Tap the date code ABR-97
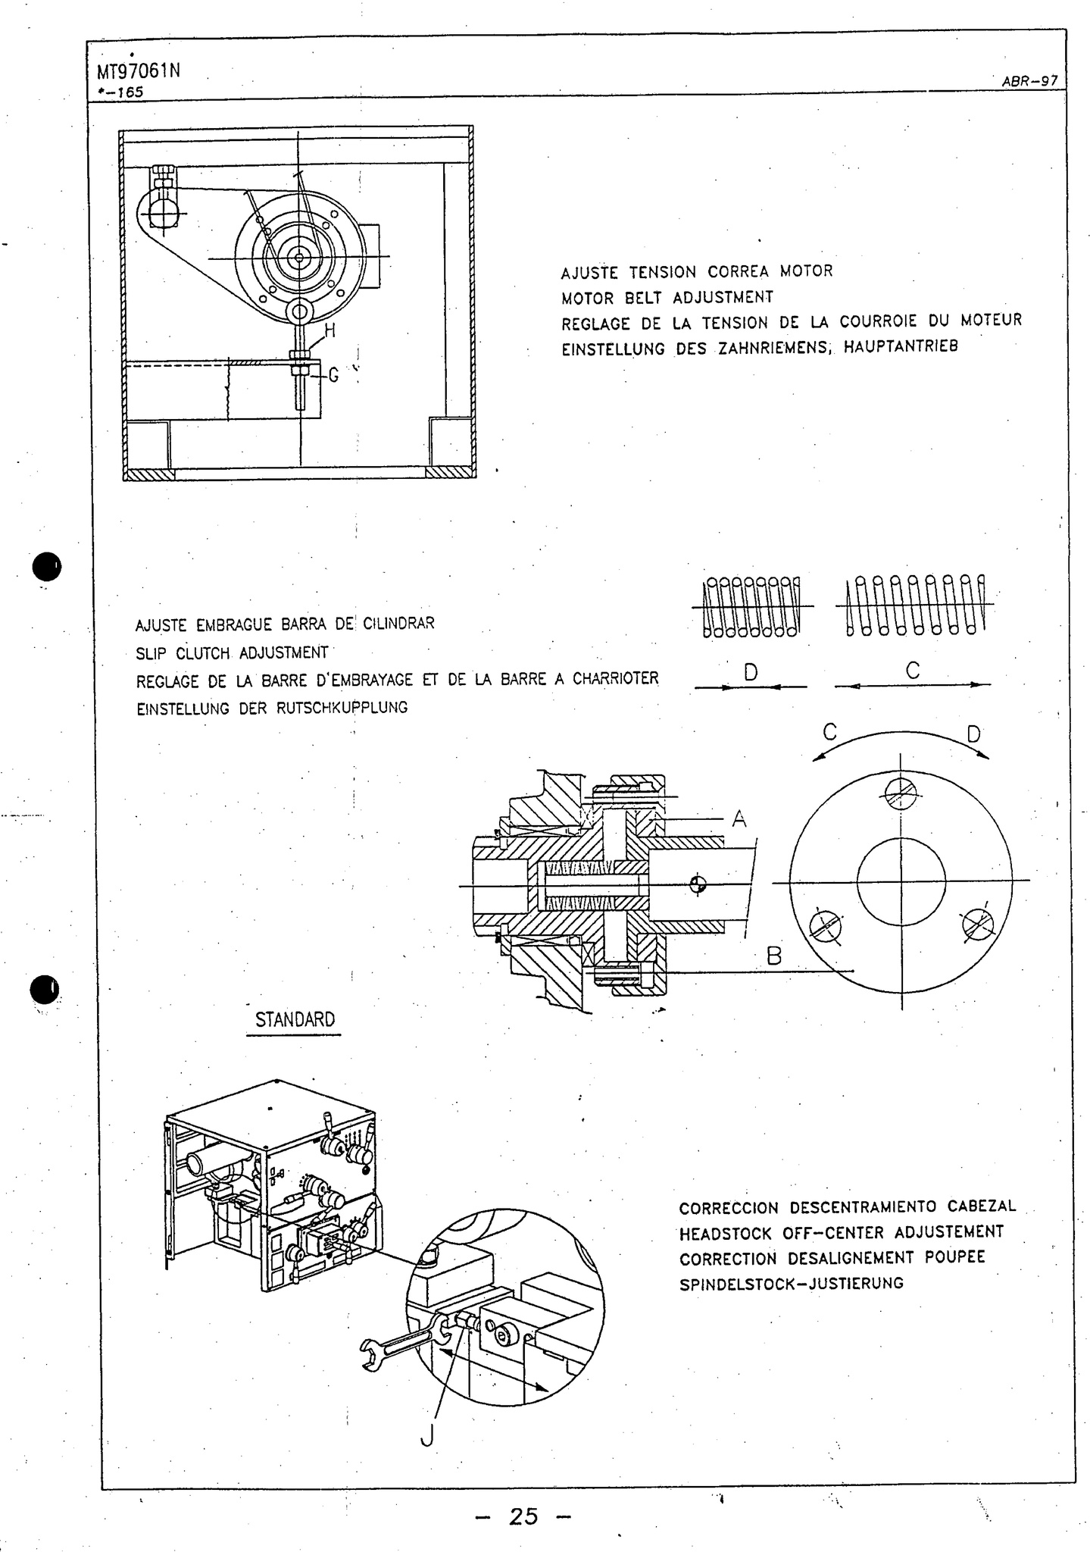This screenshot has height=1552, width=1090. [1029, 82]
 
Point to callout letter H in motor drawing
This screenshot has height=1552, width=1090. [329, 330]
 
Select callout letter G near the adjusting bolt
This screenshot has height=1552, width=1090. [333, 374]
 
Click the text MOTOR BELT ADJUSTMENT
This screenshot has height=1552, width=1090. [667, 297]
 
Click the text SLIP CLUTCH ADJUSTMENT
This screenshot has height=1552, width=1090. [232, 652]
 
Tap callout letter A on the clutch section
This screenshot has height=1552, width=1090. [739, 819]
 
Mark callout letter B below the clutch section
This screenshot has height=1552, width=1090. [773, 956]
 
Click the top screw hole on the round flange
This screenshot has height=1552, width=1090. [901, 794]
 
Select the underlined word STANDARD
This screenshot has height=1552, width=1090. [295, 1020]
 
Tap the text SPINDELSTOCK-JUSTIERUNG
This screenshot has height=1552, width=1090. [791, 1284]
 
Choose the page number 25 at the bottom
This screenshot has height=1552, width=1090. [523, 1516]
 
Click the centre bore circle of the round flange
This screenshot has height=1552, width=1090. [901, 881]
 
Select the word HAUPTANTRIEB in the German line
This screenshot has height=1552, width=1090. [901, 347]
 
